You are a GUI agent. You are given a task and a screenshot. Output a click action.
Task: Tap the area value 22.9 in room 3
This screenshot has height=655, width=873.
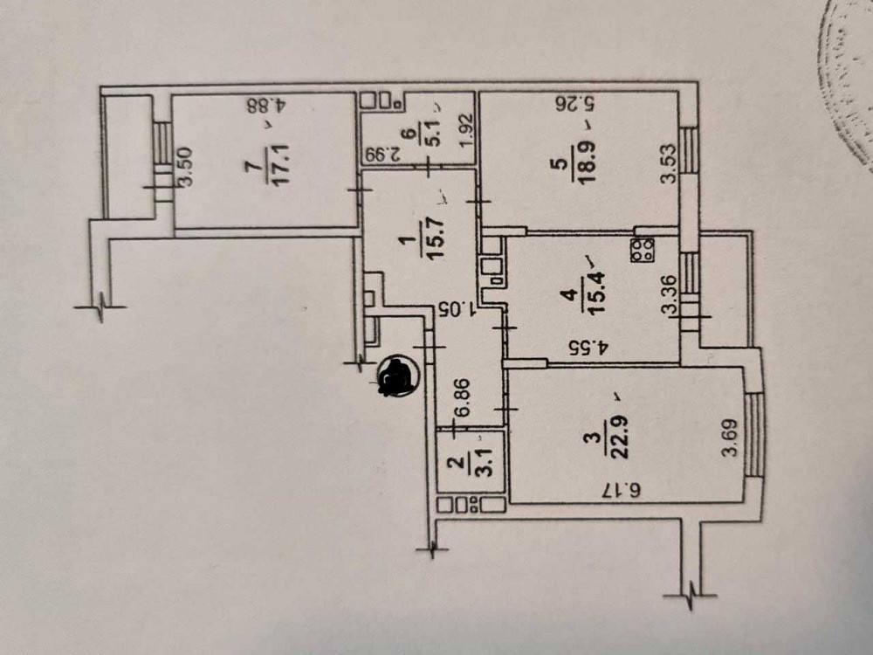click(619, 437)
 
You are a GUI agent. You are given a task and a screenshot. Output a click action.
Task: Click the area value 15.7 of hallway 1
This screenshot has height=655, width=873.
click(434, 238)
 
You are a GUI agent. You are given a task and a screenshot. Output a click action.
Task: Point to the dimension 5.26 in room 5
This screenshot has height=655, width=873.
click(576, 103)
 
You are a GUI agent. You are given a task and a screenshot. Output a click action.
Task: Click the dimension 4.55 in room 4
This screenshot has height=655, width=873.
click(588, 348)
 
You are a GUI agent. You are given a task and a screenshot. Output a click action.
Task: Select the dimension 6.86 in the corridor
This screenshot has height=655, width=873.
click(463, 397)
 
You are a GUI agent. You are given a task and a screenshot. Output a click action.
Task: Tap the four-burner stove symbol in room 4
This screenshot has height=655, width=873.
click(643, 250)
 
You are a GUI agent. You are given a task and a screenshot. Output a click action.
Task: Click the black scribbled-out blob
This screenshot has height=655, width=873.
click(397, 376)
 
